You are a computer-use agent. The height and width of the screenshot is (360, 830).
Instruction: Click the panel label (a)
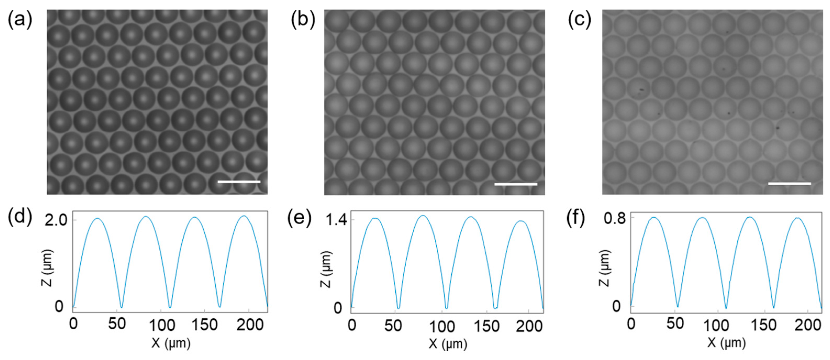(x=20, y=20)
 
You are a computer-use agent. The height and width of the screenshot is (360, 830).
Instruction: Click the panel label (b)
(x=303, y=20)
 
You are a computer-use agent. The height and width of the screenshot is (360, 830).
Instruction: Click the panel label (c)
(x=579, y=20)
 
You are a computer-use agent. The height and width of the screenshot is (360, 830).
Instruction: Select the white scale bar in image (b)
(x=515, y=184)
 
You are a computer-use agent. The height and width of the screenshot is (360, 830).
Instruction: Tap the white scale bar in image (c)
(x=789, y=184)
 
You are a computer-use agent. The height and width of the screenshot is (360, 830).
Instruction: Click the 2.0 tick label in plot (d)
(x=56, y=221)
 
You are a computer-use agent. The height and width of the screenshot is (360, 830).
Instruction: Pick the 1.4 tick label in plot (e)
(x=336, y=220)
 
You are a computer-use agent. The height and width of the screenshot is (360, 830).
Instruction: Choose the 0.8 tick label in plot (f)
(x=614, y=219)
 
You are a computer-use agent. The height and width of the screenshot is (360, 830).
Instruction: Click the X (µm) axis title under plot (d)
(x=171, y=343)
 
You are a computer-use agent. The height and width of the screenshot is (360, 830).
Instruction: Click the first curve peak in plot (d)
(x=97, y=219)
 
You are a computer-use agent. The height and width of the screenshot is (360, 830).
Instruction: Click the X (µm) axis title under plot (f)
(x=727, y=343)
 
